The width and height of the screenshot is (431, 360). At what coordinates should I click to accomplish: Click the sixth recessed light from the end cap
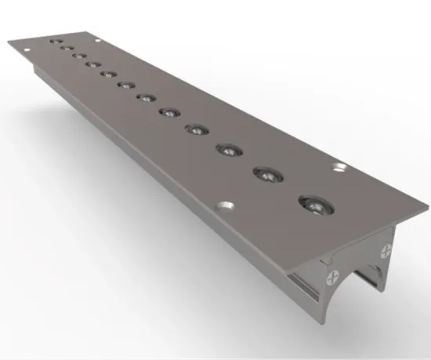pyautogui.click(x=146, y=97)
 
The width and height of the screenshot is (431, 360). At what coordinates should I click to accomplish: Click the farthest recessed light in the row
pyautogui.click(x=54, y=40)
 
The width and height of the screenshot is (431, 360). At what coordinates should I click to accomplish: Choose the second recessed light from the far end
pyautogui.click(x=67, y=48)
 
